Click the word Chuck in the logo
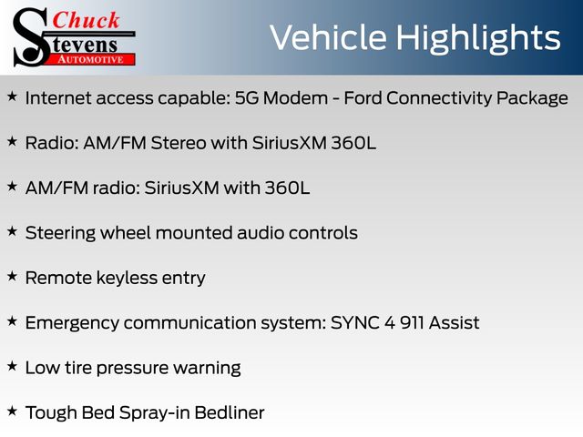click(x=86, y=20)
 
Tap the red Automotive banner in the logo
click(x=91, y=59)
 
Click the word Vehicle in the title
click(x=329, y=37)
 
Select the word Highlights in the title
click(x=478, y=39)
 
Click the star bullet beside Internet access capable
click(x=12, y=97)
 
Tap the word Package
click(x=532, y=99)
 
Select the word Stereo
click(x=179, y=143)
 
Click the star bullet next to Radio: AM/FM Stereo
click(x=12, y=142)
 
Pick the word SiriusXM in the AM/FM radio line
click(x=182, y=188)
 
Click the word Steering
click(x=60, y=234)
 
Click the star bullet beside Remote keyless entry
click(x=12, y=277)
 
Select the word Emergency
click(x=72, y=324)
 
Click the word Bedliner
click(x=230, y=413)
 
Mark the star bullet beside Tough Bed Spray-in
click(x=12, y=411)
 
